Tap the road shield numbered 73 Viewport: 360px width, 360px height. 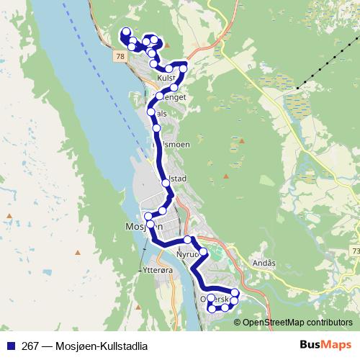click(355, 250)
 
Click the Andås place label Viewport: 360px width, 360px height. click(264, 264)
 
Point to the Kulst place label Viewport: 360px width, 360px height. click(166, 78)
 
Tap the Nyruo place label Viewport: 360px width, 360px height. click(186, 254)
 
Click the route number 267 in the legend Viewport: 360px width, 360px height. click(31, 346)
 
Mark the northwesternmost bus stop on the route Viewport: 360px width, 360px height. click(127, 32)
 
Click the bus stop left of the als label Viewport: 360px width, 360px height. click(151, 112)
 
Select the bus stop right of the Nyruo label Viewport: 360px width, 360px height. click(204, 252)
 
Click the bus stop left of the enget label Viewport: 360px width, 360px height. click(160, 96)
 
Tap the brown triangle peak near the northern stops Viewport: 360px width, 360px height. click(168, 44)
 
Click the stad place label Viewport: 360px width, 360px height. click(179, 178)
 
